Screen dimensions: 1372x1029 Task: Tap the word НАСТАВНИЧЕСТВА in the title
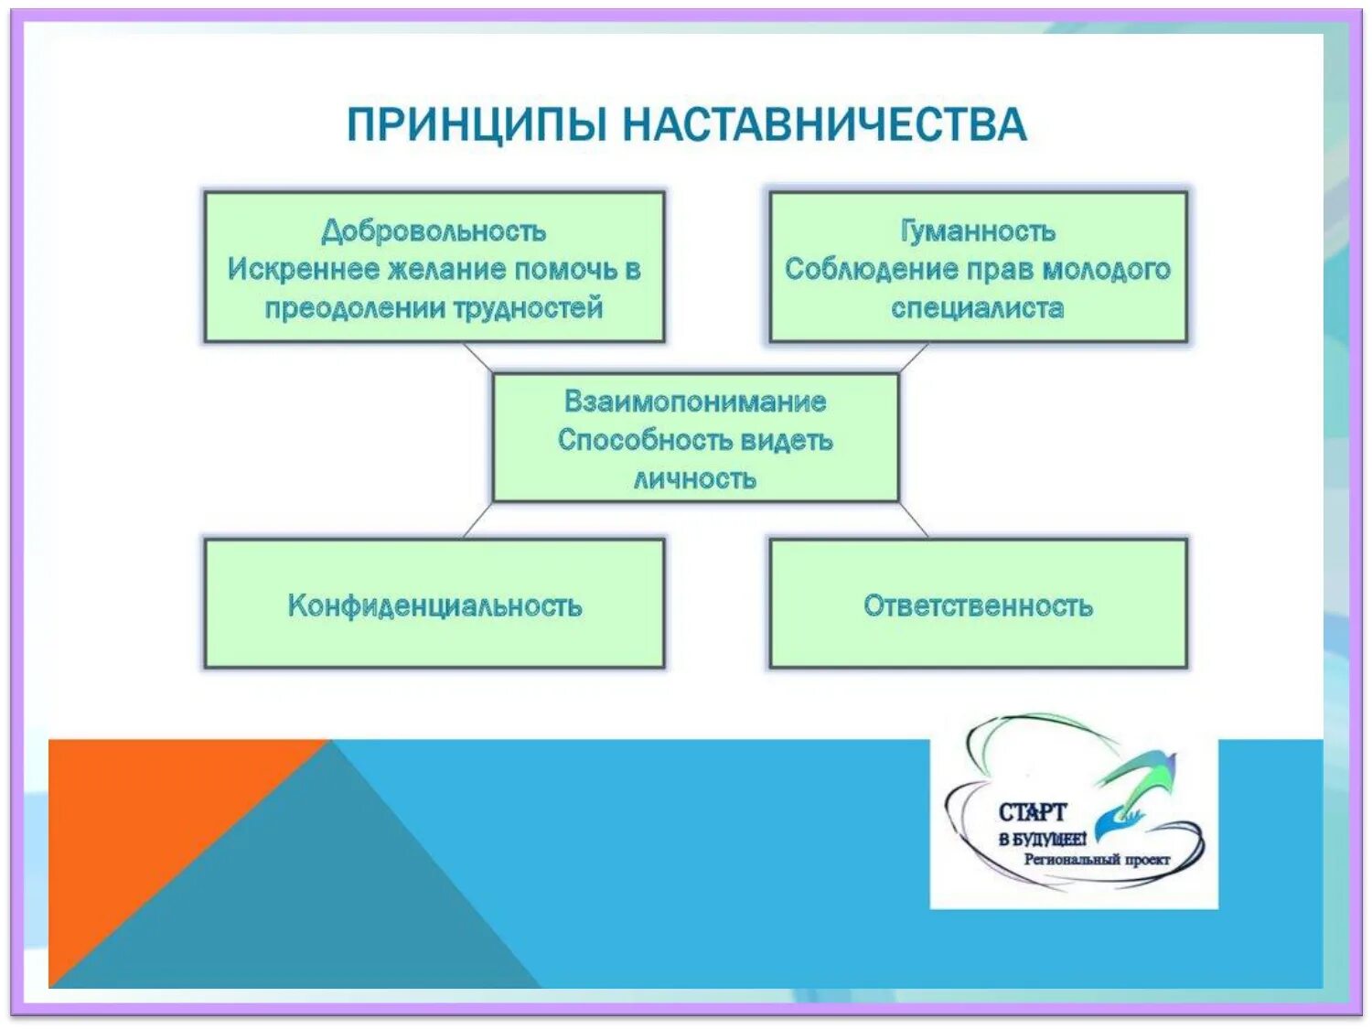(824, 124)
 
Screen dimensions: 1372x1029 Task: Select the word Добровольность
(434, 230)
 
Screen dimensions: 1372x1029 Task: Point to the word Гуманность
(978, 230)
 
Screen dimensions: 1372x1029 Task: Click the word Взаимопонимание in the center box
(695, 401)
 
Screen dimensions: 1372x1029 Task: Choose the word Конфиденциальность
(434, 606)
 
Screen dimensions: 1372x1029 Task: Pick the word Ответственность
(978, 606)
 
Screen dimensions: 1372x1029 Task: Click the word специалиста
(978, 307)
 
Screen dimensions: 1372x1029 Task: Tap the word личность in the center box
(695, 478)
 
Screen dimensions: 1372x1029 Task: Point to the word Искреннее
(303, 269)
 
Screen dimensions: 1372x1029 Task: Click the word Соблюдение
(853, 269)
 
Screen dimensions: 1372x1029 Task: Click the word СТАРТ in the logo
(1032, 812)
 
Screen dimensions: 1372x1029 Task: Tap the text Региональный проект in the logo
(1096, 860)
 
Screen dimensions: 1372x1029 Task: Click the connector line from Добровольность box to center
(477, 358)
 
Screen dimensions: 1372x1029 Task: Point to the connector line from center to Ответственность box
(913, 520)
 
